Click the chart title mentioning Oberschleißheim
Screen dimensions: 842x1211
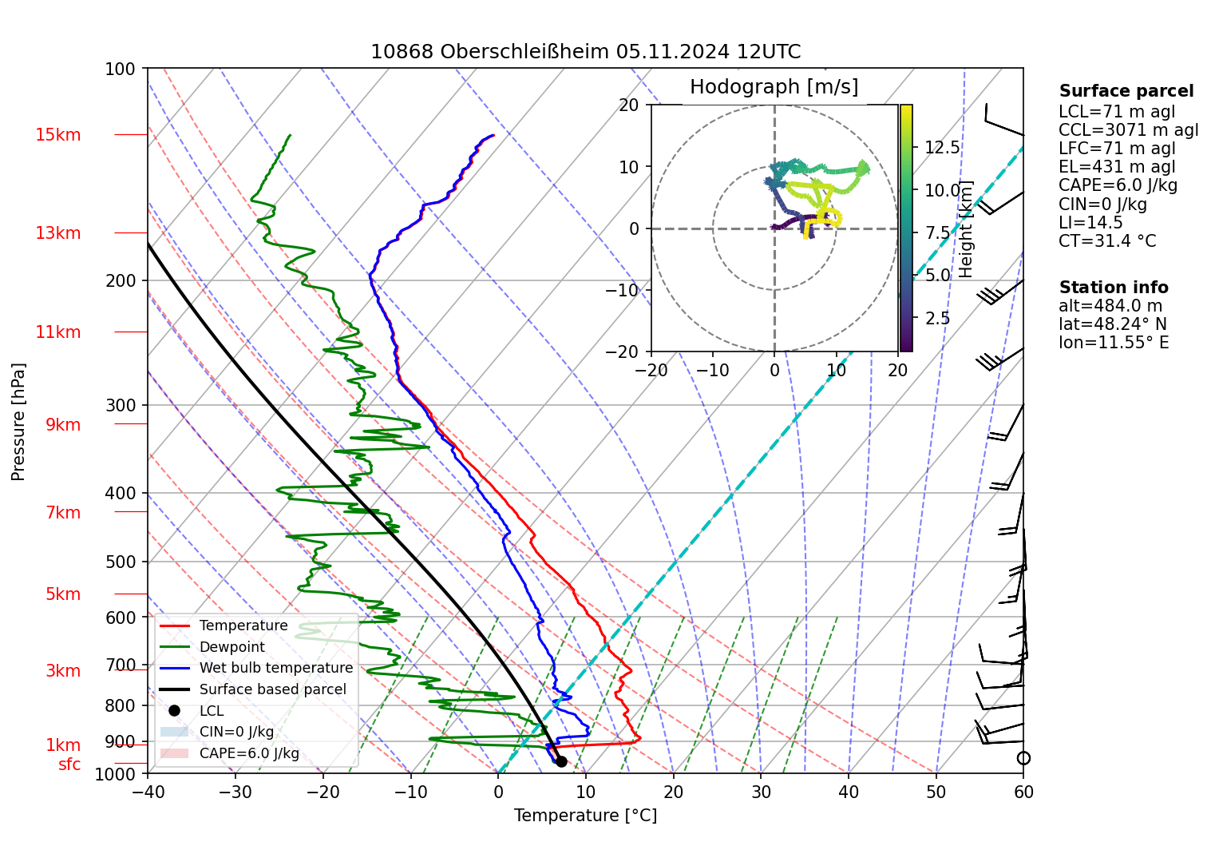pyautogui.click(x=585, y=52)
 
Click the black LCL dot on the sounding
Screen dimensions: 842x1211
pyautogui.click(x=561, y=761)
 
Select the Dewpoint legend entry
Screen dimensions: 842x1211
pyautogui.click(x=232, y=647)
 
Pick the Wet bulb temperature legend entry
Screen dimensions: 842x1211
pyautogui.click(x=275, y=668)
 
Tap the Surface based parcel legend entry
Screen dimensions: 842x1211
pyautogui.click(x=272, y=689)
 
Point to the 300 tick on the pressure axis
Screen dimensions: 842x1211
pyautogui.click(x=121, y=406)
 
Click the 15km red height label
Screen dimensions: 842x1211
pyautogui.click(x=57, y=135)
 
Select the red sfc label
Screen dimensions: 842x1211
pyautogui.click(x=69, y=765)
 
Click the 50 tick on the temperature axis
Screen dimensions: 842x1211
pyautogui.click(x=936, y=792)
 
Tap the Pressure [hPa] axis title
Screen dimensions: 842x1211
pyautogui.click(x=18, y=422)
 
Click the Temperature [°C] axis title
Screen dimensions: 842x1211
pyautogui.click(x=585, y=816)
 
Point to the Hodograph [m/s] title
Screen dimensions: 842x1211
pyautogui.click(x=774, y=87)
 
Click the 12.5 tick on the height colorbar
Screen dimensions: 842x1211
pyautogui.click(x=942, y=148)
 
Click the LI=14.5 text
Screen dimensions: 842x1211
pyautogui.click(x=1090, y=223)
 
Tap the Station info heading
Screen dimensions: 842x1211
pyautogui.click(x=1114, y=288)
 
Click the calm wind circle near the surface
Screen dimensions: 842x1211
pyautogui.click(x=1023, y=758)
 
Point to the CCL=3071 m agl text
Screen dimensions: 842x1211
pyautogui.click(x=1128, y=130)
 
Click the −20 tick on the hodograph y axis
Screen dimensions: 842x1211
pyautogui.click(x=629, y=351)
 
